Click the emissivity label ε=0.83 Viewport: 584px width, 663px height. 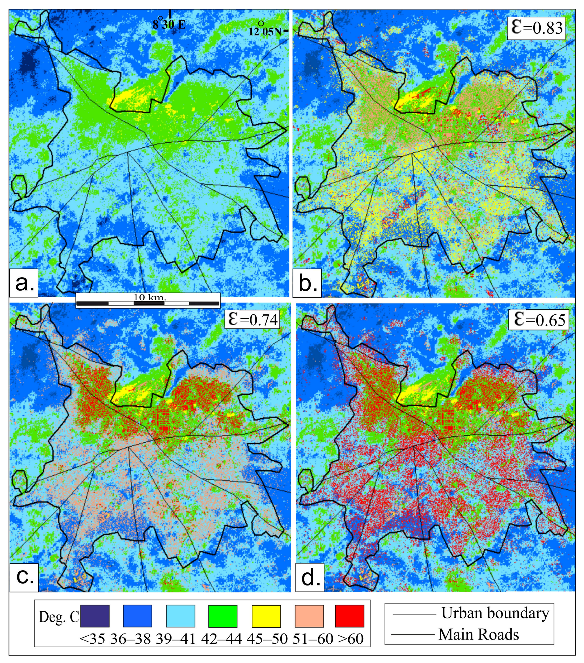(x=536, y=28)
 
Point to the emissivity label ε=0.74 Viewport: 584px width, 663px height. (x=252, y=319)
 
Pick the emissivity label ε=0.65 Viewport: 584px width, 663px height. (x=539, y=320)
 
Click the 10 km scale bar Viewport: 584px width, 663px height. (x=148, y=301)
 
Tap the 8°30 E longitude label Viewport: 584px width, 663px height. (x=169, y=24)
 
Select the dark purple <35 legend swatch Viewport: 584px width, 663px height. (x=95, y=616)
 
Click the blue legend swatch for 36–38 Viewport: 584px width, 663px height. (x=138, y=616)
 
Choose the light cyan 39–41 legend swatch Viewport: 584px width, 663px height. (x=180, y=616)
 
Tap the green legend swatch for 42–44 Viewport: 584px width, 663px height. (x=223, y=616)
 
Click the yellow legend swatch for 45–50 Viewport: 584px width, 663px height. (x=266, y=616)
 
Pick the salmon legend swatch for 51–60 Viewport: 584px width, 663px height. (x=309, y=616)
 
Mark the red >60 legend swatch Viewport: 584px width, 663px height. (x=349, y=616)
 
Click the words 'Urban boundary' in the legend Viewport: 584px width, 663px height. (x=495, y=613)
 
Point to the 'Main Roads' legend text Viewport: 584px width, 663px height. (x=479, y=634)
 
